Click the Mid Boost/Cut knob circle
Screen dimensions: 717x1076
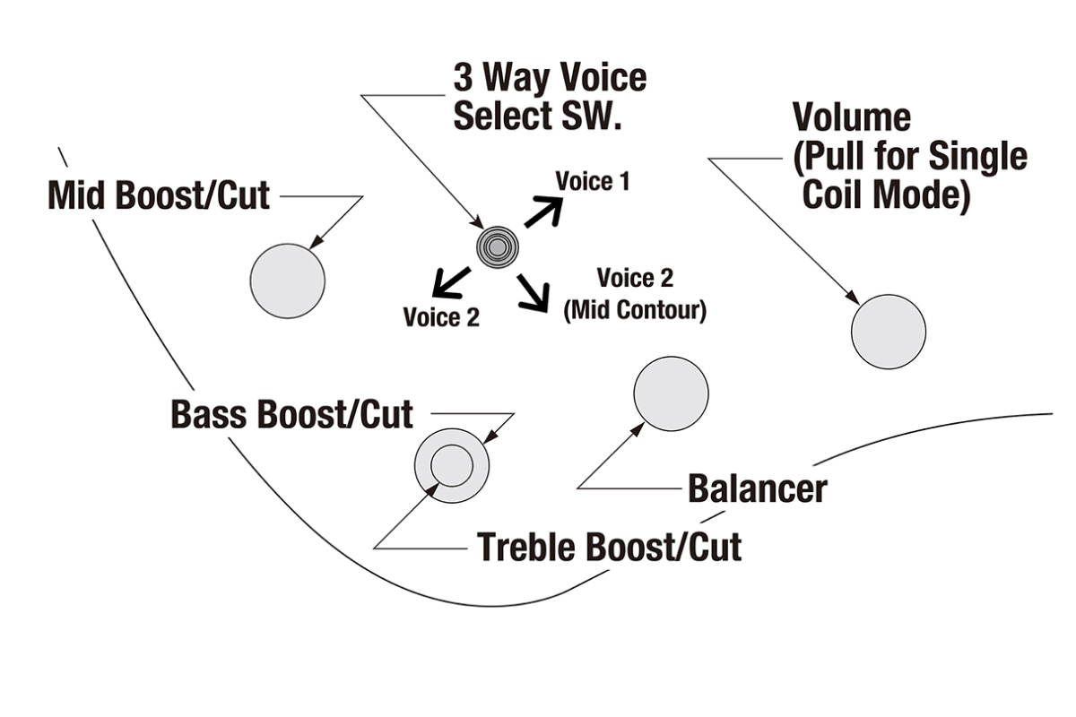coord(287,280)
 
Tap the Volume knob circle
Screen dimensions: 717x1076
coord(888,331)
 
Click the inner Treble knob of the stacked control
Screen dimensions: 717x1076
coord(452,466)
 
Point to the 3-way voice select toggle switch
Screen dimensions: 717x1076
coord(498,244)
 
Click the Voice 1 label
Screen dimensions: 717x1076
coord(593,182)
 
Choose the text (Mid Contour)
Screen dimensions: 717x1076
coord(635,311)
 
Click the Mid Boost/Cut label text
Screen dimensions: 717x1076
coord(159,194)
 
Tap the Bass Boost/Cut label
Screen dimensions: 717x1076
coord(292,414)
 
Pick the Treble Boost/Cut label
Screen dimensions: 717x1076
coord(609,546)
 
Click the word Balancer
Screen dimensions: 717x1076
coord(757,488)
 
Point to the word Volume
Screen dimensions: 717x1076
coord(851,117)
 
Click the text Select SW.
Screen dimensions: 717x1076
coord(537,117)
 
